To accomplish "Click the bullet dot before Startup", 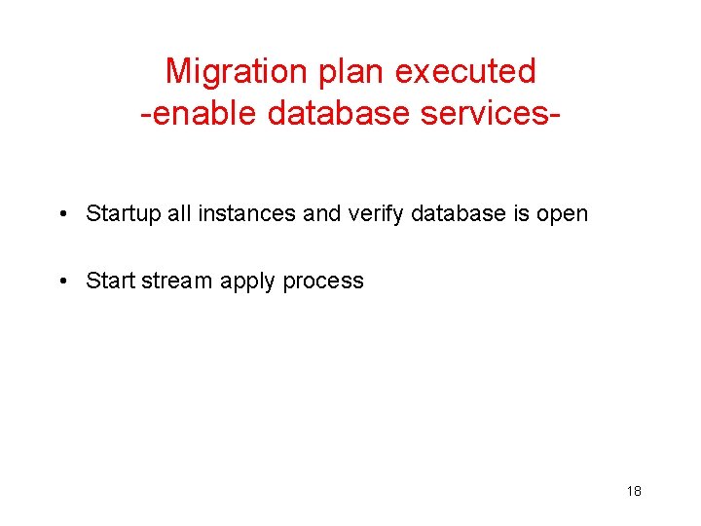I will pyautogui.click(x=62, y=213).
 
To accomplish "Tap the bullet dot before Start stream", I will pyautogui.click(x=62, y=282).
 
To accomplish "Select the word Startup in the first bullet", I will pyautogui.click(x=124, y=213).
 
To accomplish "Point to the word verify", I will pyautogui.click(x=376, y=213).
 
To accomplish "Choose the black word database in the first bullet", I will pyautogui.click(x=460, y=213).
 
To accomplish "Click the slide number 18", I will pyautogui.click(x=634, y=491).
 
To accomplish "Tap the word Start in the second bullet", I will pyautogui.click(x=110, y=282).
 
